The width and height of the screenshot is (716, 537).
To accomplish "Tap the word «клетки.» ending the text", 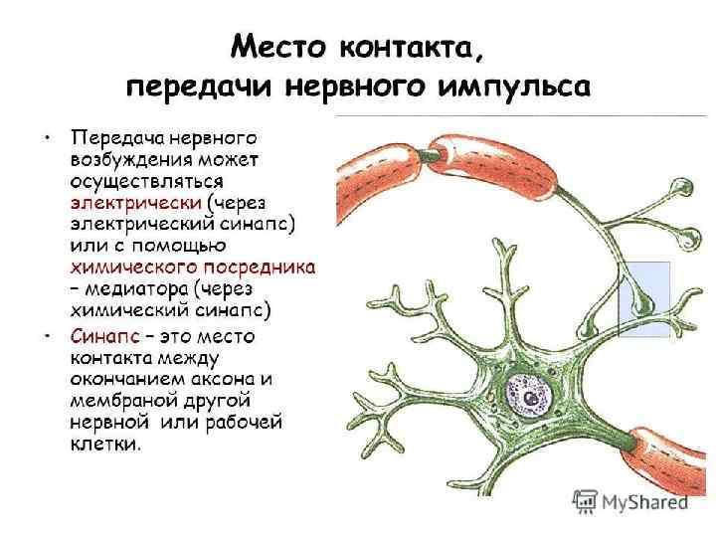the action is tap(105, 445).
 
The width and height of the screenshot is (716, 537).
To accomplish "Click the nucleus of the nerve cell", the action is tap(534, 397).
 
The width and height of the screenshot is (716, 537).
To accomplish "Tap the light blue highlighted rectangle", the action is tap(644, 298).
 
